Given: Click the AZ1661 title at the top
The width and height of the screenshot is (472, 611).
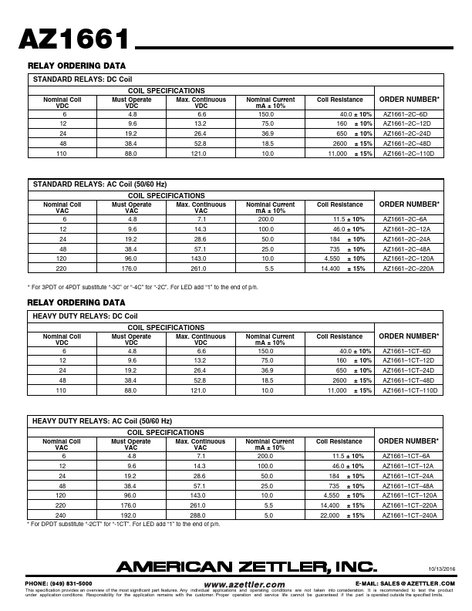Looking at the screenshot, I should [x=74, y=39].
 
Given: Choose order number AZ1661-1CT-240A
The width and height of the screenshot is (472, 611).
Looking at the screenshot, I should [x=410, y=515].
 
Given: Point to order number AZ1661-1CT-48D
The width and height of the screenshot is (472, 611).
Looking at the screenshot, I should [x=410, y=380].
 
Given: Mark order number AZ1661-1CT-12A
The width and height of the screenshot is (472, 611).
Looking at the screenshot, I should [x=410, y=466].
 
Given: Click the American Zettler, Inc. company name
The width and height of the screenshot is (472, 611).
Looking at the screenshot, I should [x=246, y=567].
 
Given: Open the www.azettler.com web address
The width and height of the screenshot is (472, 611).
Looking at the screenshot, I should [x=244, y=585].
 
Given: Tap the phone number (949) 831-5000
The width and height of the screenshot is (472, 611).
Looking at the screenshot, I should [x=59, y=583].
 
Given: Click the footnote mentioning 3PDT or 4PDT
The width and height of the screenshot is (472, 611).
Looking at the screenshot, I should [x=143, y=286].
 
